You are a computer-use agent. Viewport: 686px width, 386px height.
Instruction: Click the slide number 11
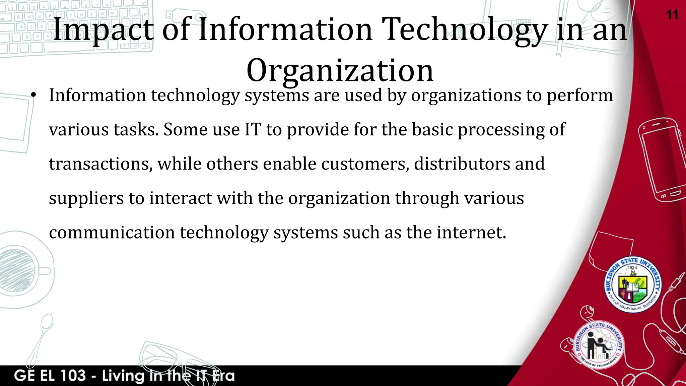672,15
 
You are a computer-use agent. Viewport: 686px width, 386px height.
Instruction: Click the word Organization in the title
340,70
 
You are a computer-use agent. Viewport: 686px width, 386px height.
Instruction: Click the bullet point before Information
33,95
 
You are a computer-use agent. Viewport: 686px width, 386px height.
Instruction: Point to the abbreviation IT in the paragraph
253,130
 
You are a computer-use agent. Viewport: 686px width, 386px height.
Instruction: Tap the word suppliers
86,198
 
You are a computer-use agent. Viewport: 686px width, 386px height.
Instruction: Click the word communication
112,232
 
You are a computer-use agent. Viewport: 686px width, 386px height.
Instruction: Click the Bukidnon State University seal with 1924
632,284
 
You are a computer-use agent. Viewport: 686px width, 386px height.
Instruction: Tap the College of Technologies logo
599,345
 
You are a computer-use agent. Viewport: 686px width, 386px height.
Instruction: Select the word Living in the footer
123,376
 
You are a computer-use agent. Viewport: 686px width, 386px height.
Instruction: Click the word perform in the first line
579,95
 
